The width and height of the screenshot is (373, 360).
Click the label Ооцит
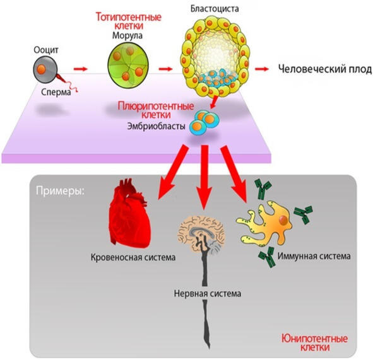pos(46,50)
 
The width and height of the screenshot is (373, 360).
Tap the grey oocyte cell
pos(45,69)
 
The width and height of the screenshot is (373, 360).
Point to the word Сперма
pos(56,92)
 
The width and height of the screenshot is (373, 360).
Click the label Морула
pos(127,36)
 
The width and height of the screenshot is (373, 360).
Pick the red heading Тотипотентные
pos(129,17)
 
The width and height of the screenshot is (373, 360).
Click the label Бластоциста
pos(215,9)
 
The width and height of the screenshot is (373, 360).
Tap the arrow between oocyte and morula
pos(81,69)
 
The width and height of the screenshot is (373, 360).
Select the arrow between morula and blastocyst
pos(165,69)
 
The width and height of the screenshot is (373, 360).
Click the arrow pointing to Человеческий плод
pos(262,69)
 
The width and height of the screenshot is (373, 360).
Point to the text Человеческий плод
pos(324,69)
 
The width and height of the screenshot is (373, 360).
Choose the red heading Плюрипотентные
pos(156,106)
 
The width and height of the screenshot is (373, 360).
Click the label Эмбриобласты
pos(157,126)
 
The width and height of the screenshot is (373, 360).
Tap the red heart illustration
pos(129,214)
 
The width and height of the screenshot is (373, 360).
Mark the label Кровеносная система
pos(133,257)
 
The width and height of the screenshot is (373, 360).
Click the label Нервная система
pos(208,293)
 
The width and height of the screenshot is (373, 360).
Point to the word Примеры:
pos(60,190)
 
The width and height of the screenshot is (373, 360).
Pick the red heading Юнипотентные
pos(314,339)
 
